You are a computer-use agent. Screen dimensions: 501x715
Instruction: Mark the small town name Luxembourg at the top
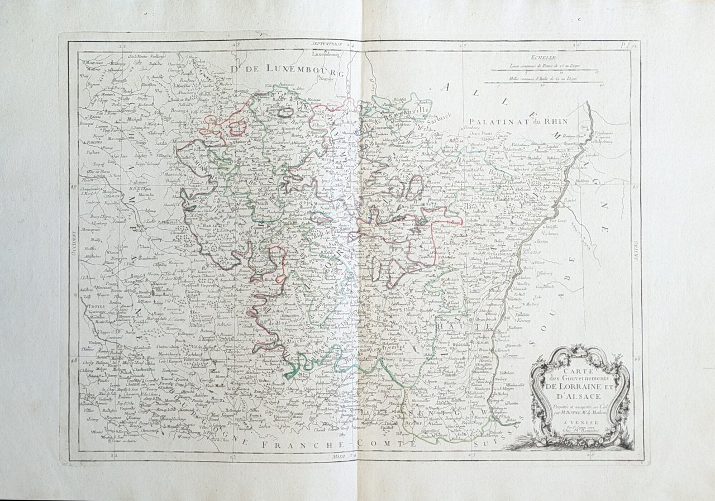click(x=327, y=55)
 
